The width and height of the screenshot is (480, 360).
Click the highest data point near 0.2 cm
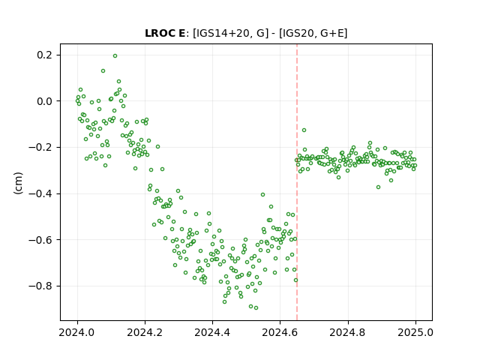pos(115,56)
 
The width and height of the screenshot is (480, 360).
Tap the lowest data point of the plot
pos(256,308)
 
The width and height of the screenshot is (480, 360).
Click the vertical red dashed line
pos(297,182)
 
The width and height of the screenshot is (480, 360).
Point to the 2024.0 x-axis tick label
pos(77,332)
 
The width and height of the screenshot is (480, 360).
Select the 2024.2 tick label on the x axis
pos(145,332)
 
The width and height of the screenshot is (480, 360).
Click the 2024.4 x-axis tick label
pos(212,332)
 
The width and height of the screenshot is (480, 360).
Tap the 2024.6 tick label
pos(280,332)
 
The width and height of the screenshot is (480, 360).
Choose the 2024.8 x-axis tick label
pos(348,332)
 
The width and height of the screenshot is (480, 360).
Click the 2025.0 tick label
pos(415,332)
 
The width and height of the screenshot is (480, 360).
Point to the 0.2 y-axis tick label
pos(44,55)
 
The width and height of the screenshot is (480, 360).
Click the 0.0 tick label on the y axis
pos(44,101)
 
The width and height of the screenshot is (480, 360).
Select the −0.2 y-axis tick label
pos(40,148)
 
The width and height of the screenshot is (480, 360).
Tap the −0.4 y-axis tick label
pos(40,193)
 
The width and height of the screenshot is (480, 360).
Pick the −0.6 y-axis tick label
pos(40,240)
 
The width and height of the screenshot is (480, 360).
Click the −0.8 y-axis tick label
pos(40,286)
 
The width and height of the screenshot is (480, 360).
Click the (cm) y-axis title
pos(18,183)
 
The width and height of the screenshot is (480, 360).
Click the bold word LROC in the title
pos(157,33)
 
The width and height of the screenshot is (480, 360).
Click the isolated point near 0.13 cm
pos(103,71)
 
